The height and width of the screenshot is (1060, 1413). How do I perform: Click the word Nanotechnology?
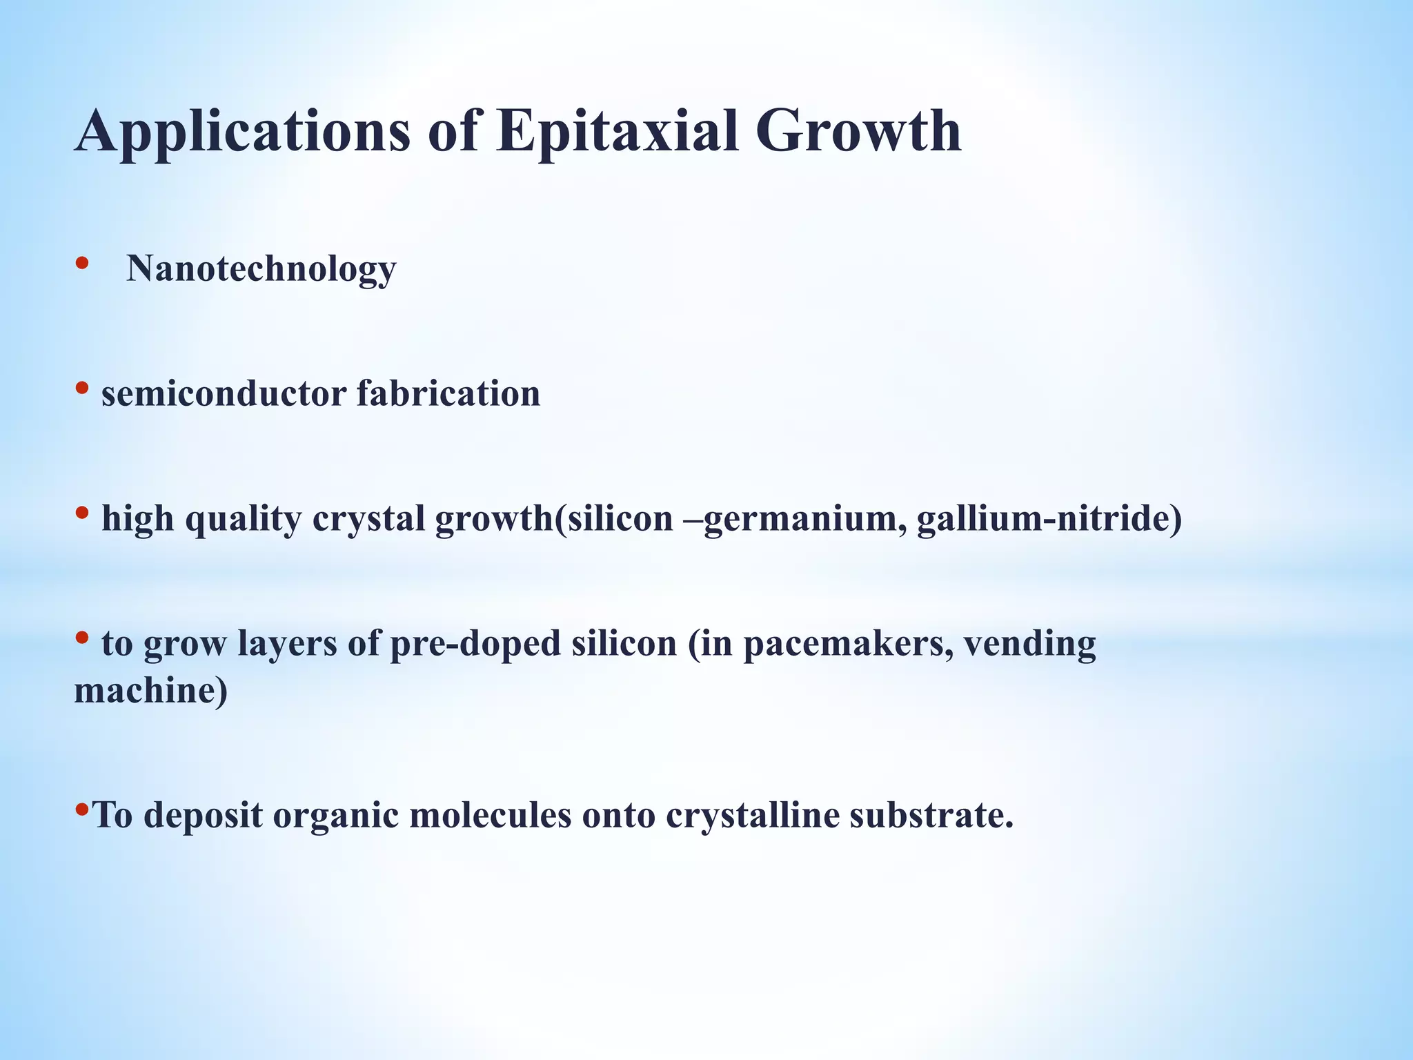coord(261,268)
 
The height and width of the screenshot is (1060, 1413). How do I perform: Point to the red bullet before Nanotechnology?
coord(82,263)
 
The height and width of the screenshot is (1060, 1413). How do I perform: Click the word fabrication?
coord(448,394)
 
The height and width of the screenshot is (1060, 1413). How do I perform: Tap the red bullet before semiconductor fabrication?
coord(82,388)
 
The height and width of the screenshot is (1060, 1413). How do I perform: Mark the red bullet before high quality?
coord(82,513)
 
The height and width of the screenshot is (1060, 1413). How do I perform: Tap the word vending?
coord(1029,644)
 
